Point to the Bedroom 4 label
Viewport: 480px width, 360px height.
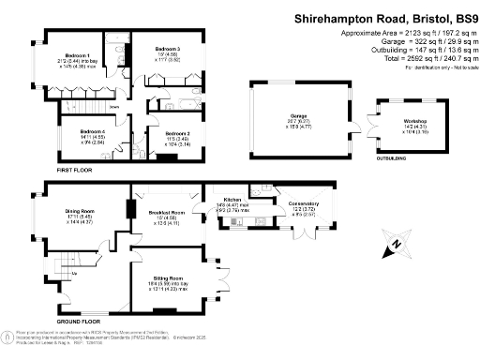click(92, 131)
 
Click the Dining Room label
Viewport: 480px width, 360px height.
click(78, 211)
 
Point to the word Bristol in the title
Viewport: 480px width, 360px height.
click(402, 17)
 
